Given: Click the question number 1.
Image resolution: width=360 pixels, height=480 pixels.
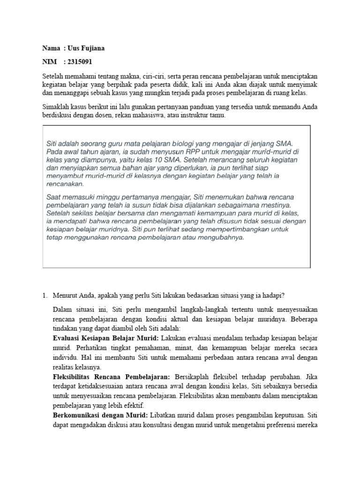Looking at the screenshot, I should coord(45,295).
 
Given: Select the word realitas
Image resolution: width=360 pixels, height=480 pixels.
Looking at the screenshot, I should coord(66,367).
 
